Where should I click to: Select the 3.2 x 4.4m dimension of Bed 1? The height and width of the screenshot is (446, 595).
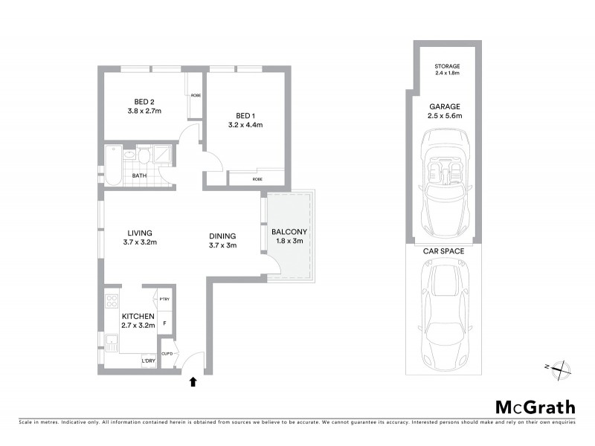pos(245,125)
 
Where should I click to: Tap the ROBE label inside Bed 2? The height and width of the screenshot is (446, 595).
pos(196,95)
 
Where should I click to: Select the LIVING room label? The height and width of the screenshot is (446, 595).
pos(141,231)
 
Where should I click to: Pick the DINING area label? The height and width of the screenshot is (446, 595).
pos(222,236)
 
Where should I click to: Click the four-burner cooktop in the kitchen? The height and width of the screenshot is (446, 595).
pos(113,302)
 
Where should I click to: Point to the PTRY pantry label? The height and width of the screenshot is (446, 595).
pos(164,299)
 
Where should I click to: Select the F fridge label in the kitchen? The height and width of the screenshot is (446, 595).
pos(164,324)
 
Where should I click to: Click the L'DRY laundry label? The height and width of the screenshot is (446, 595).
pos(149,362)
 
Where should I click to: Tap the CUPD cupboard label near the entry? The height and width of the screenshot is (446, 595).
pos(167,353)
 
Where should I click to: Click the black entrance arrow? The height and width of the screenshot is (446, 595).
pos(193,382)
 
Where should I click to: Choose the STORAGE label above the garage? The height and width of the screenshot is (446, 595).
pos(447,67)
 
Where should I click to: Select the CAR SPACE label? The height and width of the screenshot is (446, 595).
pos(443,251)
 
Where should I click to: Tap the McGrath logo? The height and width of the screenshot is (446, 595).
pos(535,407)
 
